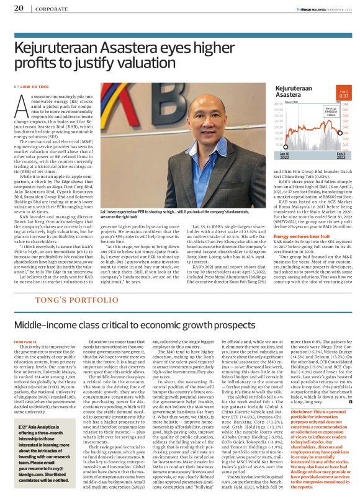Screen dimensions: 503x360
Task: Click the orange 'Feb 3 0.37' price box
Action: point(343,95)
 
